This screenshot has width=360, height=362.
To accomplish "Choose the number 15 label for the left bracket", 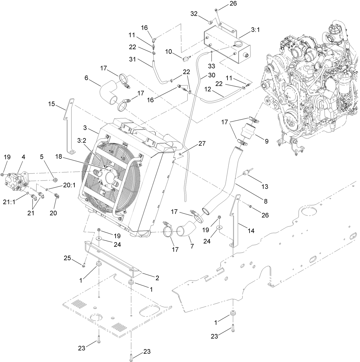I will tap(52, 104).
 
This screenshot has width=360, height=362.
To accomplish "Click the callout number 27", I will tap(202, 144).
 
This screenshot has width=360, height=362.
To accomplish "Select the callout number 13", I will tap(265, 186).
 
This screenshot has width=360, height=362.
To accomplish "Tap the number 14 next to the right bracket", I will tap(251, 230).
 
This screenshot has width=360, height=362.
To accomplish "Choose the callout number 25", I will tap(68, 258).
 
